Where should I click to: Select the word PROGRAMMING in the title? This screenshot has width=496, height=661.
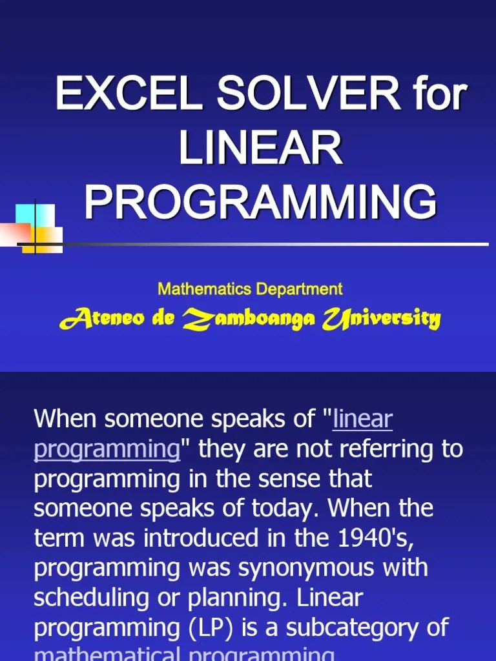point(260,201)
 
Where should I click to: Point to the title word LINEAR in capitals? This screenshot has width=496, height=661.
point(260,147)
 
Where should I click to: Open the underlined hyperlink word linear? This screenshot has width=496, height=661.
point(362,419)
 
